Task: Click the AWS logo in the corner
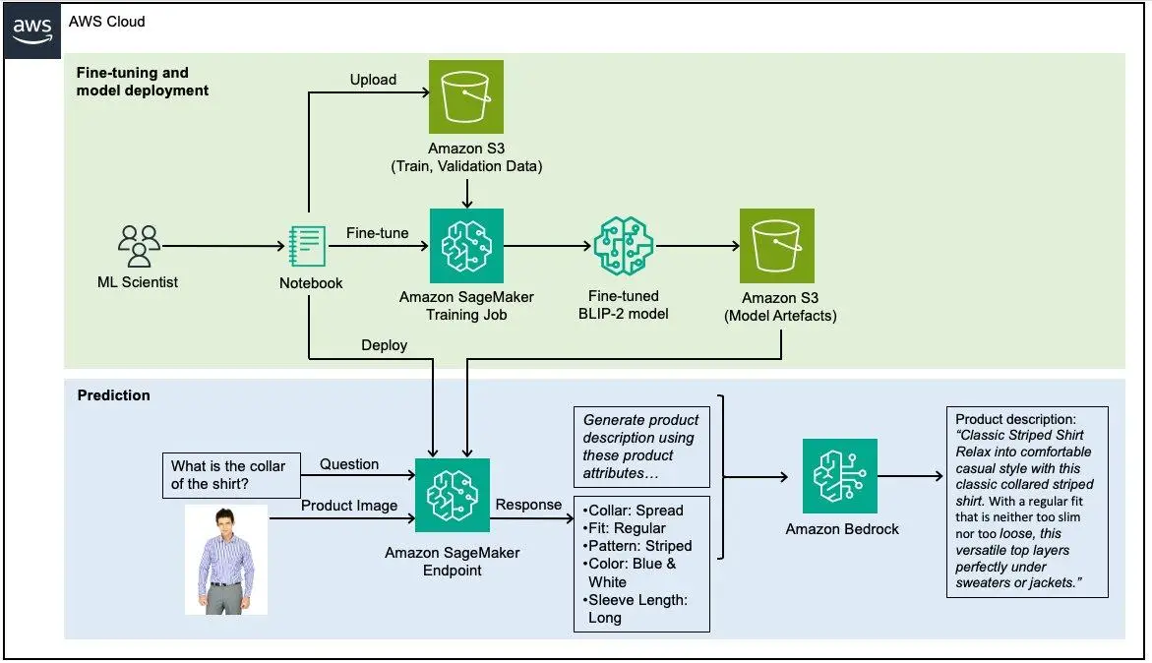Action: pos(32,30)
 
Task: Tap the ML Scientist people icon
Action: pos(139,246)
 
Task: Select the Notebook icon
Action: pos(309,246)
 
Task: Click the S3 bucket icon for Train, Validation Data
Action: pos(466,96)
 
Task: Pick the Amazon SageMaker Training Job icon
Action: pos(466,246)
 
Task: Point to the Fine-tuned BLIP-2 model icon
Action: pos(626,246)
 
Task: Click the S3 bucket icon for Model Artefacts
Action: pos(777,246)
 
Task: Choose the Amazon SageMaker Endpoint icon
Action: pos(453,495)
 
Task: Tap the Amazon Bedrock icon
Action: pos(840,476)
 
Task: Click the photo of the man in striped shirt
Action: pos(226,560)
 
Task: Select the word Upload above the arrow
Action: pos(374,80)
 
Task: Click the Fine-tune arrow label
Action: pos(376,233)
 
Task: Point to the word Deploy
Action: pos(384,345)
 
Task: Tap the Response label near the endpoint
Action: pos(528,505)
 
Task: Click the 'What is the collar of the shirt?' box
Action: pos(228,474)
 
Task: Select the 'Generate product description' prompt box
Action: pos(641,447)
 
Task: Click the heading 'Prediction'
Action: pos(113,395)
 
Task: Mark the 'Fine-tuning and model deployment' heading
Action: pos(143,82)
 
